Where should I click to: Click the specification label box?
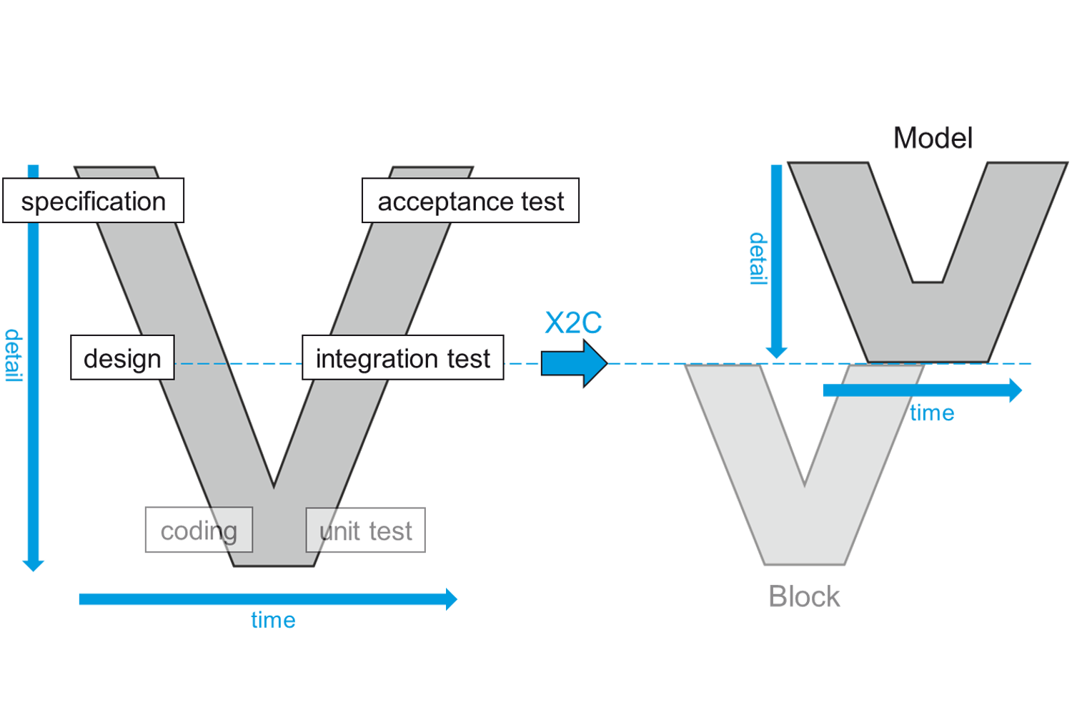point(94,201)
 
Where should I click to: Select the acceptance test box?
point(470,201)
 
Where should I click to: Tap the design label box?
point(122,357)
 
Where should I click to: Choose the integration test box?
point(402,357)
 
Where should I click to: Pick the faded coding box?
point(199,531)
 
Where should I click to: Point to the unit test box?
point(365,531)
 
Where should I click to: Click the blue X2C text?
point(573,323)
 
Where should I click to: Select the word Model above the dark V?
point(933,138)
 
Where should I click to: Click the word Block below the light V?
point(804,596)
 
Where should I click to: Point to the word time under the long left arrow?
point(273,619)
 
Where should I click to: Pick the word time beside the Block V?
point(932,413)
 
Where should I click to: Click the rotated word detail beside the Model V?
point(757,258)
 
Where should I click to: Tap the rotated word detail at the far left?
point(14,355)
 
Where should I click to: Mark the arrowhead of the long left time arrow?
point(451,599)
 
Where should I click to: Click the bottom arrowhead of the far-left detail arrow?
point(33,564)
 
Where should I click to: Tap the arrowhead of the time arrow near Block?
point(1016,390)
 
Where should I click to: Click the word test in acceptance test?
point(542,202)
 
